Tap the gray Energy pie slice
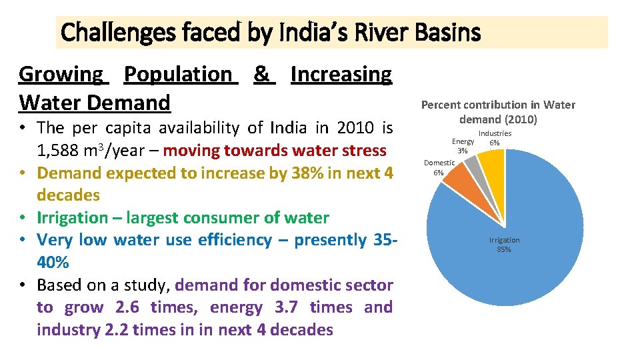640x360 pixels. [473, 164]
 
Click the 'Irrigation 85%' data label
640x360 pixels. [504, 245]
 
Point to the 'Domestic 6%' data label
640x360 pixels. [439, 167]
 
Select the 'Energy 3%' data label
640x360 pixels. [463, 146]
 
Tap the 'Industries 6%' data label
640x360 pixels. [495, 138]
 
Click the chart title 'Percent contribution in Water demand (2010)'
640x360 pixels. [498, 112]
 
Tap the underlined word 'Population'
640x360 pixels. [178, 74]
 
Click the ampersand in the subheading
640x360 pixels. [262, 74]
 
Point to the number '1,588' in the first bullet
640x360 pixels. [60, 150]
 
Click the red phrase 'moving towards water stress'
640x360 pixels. [275, 150]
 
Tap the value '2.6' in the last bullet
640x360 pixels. [127, 307]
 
